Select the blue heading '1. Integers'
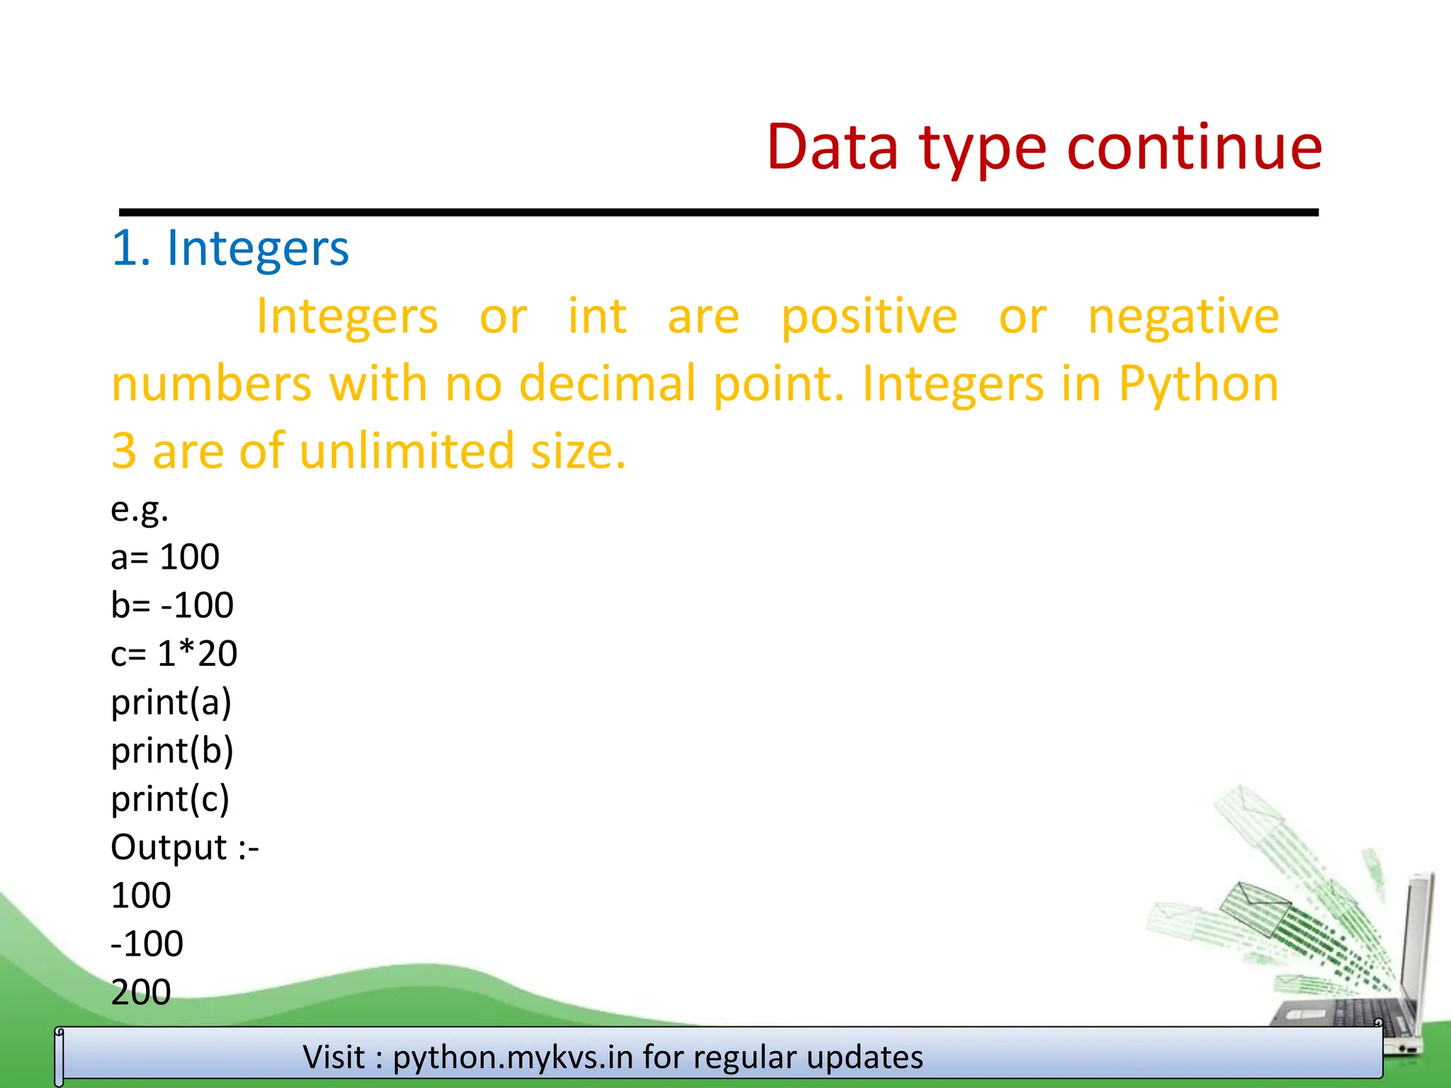click(x=230, y=249)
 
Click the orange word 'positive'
click(x=869, y=317)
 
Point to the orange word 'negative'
click(x=1183, y=317)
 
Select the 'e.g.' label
click(x=140, y=509)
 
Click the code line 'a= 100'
click(x=165, y=557)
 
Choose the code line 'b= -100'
click(x=172, y=605)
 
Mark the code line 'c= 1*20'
click(x=174, y=653)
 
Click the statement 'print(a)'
click(x=171, y=703)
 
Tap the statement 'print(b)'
click(x=172, y=751)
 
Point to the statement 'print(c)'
click(x=170, y=799)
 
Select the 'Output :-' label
click(x=185, y=847)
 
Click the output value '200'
click(x=141, y=992)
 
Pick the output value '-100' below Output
click(x=147, y=943)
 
